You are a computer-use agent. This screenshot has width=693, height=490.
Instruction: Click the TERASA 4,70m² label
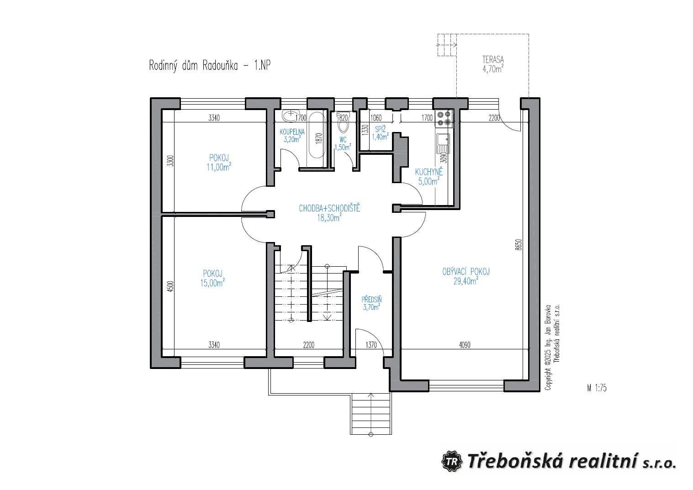(x=492, y=64)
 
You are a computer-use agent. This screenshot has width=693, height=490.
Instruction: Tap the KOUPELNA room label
(x=292, y=136)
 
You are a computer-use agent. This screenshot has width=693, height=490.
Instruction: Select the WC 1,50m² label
(x=343, y=143)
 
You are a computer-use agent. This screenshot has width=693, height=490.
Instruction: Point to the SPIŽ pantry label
(x=380, y=133)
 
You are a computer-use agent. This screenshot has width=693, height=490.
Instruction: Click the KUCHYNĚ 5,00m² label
(x=428, y=176)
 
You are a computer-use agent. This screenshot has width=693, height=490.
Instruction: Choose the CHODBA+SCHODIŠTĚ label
(x=329, y=213)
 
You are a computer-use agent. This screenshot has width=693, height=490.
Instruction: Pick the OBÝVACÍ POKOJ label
(x=466, y=276)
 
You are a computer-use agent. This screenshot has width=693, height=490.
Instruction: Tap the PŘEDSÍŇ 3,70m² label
(x=371, y=303)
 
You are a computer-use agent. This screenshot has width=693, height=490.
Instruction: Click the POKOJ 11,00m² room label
(x=218, y=163)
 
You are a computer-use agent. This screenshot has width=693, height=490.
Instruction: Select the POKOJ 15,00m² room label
(x=212, y=278)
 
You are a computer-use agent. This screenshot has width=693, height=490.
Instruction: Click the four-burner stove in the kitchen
(x=443, y=118)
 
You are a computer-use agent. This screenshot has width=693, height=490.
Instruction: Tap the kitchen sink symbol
(x=443, y=143)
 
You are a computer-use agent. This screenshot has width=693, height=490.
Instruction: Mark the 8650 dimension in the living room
(x=518, y=245)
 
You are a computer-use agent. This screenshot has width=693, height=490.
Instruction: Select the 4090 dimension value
(x=464, y=345)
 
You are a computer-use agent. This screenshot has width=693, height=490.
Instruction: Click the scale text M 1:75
(x=597, y=388)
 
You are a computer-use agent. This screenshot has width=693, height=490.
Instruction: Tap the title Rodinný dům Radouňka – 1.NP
(x=210, y=65)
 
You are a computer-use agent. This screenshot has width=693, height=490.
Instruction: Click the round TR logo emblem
(x=452, y=461)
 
